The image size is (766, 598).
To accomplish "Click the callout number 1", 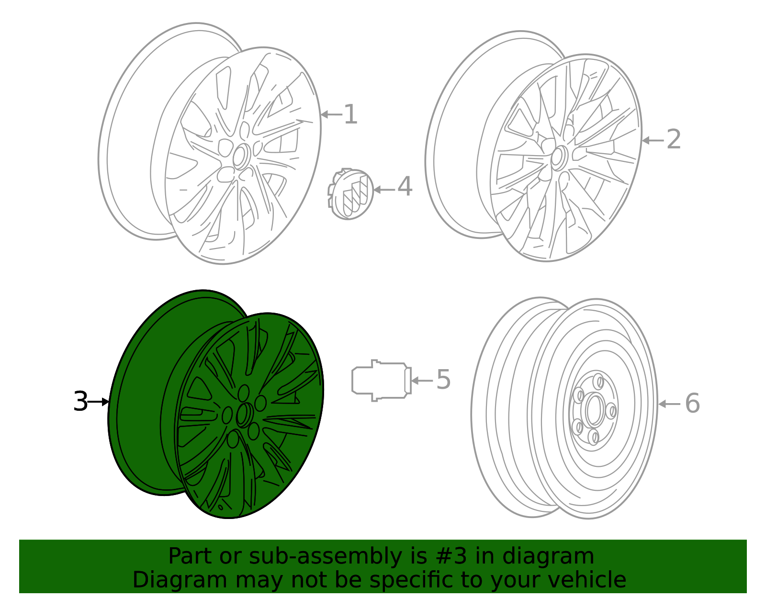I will tap(350, 115).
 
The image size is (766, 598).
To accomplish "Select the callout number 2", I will tap(674, 140).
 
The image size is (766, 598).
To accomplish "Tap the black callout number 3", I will tap(80, 401).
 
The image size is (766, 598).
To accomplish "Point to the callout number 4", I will tap(405, 187).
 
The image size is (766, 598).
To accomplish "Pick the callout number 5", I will tap(443, 380).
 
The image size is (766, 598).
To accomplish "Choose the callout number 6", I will tap(692, 404).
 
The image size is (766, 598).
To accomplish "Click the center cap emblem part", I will tap(350, 194).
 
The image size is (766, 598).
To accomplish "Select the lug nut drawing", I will tap(381, 380).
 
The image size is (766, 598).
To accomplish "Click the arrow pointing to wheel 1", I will tap(331, 114).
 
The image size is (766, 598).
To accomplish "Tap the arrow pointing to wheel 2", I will tap(653, 140).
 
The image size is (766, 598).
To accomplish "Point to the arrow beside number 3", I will tap(99, 402).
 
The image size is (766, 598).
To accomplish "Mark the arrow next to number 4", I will tap(384, 190).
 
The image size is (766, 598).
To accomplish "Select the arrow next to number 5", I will tap(422, 381).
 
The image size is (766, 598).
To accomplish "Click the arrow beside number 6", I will tap(669, 404).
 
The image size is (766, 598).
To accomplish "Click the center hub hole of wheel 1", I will tap(239, 156).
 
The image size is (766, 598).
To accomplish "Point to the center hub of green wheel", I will tap(244, 415).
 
